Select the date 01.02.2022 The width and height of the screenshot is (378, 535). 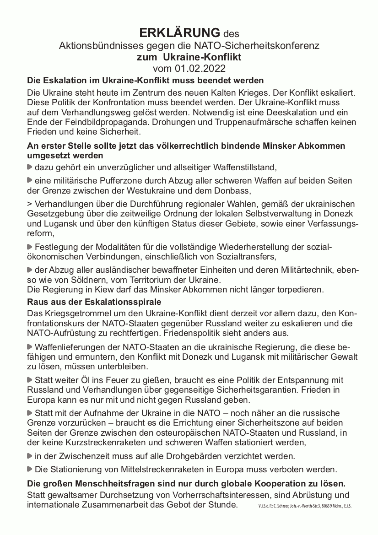click(200, 69)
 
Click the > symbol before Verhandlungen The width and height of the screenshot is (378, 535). click(30, 203)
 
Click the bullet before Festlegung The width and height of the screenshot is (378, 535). click(30, 247)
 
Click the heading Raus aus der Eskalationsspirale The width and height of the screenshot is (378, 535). click(94, 303)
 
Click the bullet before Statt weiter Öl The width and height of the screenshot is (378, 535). click(30, 380)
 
